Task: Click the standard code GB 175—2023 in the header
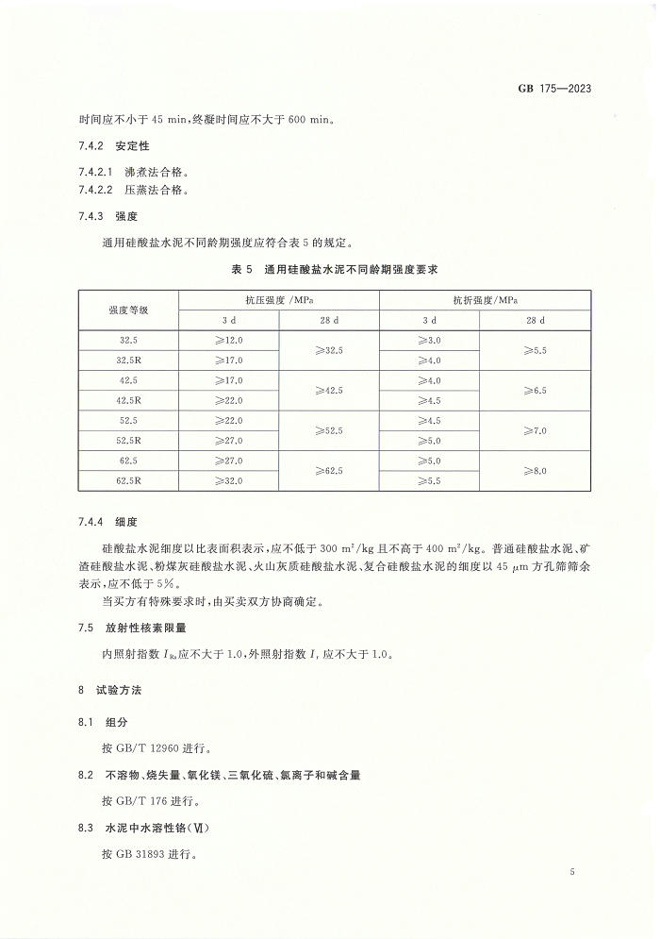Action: [x=554, y=90]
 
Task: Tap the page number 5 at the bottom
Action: [x=572, y=872]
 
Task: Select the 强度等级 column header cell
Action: [x=128, y=310]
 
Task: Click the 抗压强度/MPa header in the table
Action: [x=279, y=299]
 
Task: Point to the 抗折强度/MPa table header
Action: [x=485, y=299]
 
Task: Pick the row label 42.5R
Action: [x=128, y=400]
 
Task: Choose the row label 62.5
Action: [x=128, y=461]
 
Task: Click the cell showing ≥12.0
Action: [x=229, y=340]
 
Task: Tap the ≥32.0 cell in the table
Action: [x=229, y=480]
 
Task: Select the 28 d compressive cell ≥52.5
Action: [x=329, y=430]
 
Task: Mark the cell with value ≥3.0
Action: [x=429, y=340]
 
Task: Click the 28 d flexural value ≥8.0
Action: [x=535, y=471]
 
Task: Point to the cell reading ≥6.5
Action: [x=535, y=390]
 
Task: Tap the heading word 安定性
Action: [x=133, y=146]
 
